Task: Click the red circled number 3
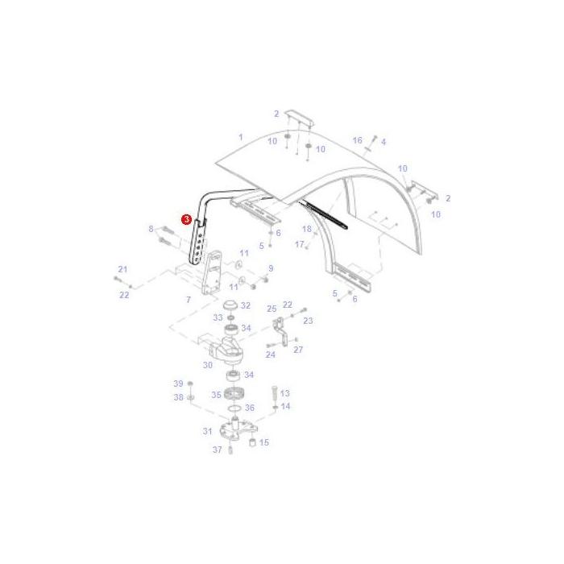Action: (186, 218)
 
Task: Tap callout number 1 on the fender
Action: (240, 137)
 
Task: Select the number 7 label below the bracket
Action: (188, 300)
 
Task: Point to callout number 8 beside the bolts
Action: (151, 230)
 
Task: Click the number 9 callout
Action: (271, 268)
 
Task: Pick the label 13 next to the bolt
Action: (284, 393)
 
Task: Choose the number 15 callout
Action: (263, 442)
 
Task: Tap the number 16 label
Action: (358, 140)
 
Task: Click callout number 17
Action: (299, 244)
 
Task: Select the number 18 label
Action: (307, 230)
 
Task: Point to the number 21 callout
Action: (122, 269)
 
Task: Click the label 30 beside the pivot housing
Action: (208, 365)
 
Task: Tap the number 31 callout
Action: (208, 431)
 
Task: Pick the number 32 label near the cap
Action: (245, 306)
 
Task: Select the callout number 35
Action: (216, 395)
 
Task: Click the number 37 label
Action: (217, 450)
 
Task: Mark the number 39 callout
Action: (179, 384)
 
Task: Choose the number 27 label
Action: (298, 350)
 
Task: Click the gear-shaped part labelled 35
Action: (235, 395)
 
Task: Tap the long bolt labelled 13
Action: (274, 393)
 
